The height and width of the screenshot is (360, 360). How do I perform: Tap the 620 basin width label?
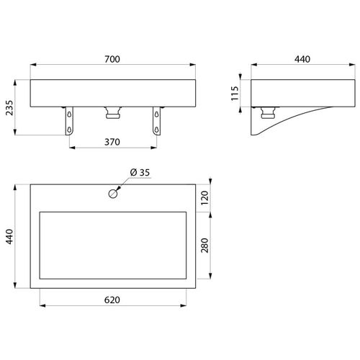pyautogui.click(x=112, y=298)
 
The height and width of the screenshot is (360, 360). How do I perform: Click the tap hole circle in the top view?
pyautogui.click(x=113, y=193)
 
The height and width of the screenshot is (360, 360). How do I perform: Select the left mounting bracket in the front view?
pyautogui.click(x=70, y=120)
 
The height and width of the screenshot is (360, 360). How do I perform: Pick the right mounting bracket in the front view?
pyautogui.click(x=155, y=120)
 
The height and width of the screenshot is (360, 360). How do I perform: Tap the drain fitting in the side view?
pyautogui.click(x=269, y=112)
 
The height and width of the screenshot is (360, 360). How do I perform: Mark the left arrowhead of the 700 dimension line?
pyautogui.click(x=33, y=69)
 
